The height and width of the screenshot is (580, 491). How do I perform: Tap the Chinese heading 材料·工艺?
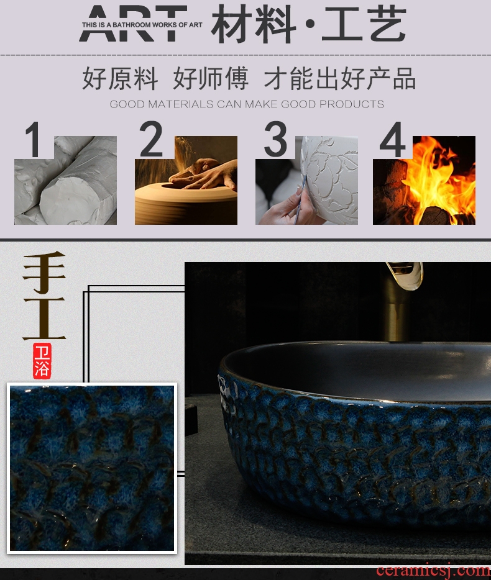309,24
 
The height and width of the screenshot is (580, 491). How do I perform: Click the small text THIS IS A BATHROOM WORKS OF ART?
142,25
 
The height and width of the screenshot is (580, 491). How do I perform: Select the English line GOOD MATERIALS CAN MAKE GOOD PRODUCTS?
247,104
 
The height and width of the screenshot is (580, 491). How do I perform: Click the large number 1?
34,140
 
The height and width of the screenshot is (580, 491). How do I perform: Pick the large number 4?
392,140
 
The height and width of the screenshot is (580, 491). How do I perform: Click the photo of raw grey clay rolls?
65,180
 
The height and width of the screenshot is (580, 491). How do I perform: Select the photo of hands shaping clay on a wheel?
186,180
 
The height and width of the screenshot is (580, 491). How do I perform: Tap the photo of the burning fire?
424,180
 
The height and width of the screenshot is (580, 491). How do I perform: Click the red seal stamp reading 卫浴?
42,361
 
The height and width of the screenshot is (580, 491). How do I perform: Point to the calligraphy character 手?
44,272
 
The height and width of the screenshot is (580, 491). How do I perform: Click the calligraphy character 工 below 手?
44,319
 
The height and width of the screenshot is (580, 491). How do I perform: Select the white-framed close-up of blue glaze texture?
92,468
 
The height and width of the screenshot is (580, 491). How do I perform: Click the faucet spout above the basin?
406,275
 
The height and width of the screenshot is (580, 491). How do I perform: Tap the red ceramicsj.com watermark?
433,571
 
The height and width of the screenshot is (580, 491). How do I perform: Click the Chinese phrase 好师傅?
210,78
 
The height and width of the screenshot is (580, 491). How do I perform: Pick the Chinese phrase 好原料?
119,78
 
